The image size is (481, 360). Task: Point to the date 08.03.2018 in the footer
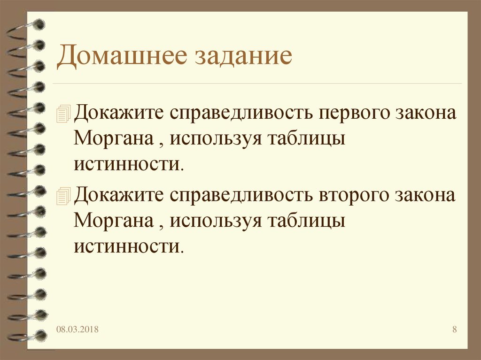78,329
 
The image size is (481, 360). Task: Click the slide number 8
454,329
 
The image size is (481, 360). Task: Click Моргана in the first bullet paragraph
113,140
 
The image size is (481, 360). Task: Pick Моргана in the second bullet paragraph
113,220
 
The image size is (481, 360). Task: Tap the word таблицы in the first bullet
306,140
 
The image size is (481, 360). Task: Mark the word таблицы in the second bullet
306,220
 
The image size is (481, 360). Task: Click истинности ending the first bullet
126,165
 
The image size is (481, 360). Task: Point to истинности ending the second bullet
126,245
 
